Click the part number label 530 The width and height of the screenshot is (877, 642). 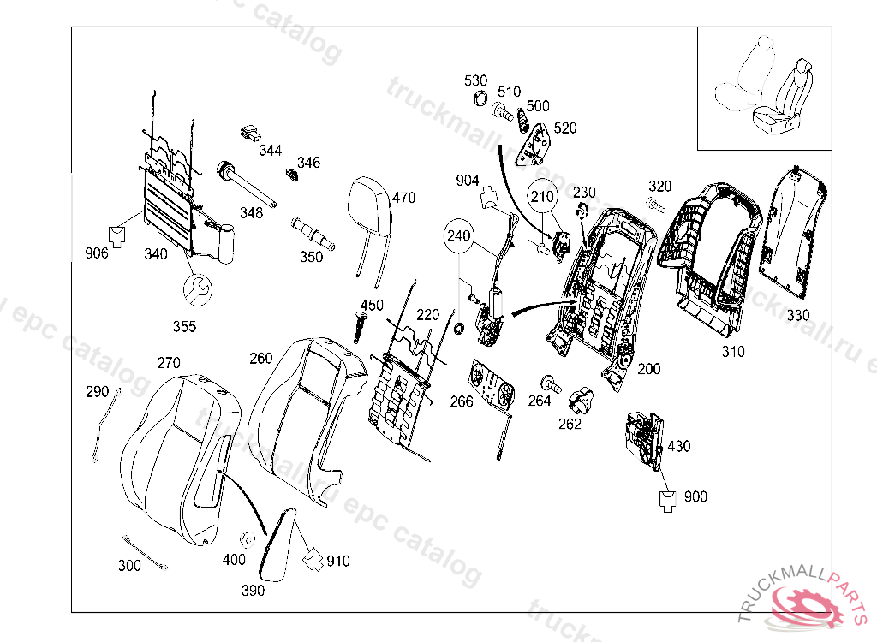(x=475, y=80)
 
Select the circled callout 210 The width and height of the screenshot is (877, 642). (x=541, y=197)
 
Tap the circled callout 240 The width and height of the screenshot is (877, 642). (x=458, y=235)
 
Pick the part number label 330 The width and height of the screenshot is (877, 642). (x=797, y=315)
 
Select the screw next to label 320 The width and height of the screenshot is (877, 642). (x=654, y=205)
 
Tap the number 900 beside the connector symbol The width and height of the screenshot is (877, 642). (x=695, y=496)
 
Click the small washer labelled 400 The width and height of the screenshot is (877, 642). (x=247, y=540)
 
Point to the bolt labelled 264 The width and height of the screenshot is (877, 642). (x=548, y=382)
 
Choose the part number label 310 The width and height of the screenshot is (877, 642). (x=732, y=351)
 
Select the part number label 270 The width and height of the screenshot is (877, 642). (x=168, y=362)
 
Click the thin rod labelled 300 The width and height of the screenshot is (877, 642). (x=144, y=551)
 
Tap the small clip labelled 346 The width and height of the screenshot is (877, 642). (x=291, y=176)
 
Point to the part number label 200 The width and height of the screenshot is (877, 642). (x=649, y=369)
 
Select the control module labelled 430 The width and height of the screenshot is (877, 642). (x=644, y=438)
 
